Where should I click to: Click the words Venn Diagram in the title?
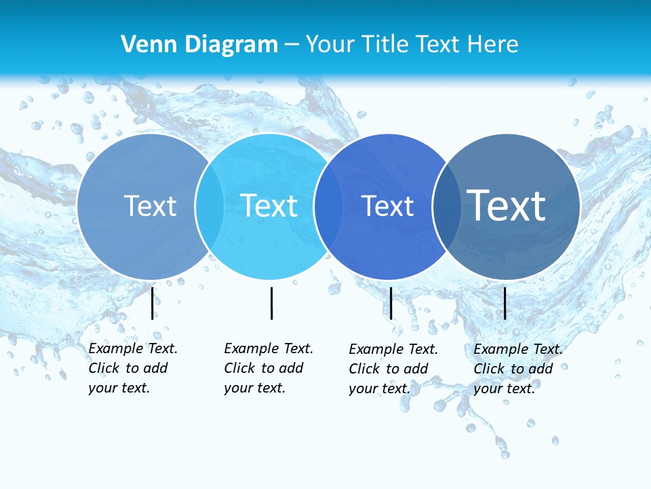click(199, 45)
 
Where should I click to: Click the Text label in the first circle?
click(150, 206)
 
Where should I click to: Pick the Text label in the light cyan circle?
click(269, 206)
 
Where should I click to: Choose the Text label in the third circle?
click(387, 206)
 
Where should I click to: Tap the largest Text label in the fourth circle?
click(507, 206)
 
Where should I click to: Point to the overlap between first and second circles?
click(210, 206)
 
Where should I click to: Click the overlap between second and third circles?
click(328, 206)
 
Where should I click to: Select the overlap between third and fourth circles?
click(446, 206)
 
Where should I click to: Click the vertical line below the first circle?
click(152, 303)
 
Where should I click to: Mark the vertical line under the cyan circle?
click(271, 303)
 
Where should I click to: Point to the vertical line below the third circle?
click(391, 303)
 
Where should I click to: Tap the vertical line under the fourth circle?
click(505, 303)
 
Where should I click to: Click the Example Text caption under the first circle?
click(133, 368)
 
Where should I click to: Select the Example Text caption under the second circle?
click(269, 368)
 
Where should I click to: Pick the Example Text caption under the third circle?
click(393, 369)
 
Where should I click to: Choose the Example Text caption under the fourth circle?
click(518, 369)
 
